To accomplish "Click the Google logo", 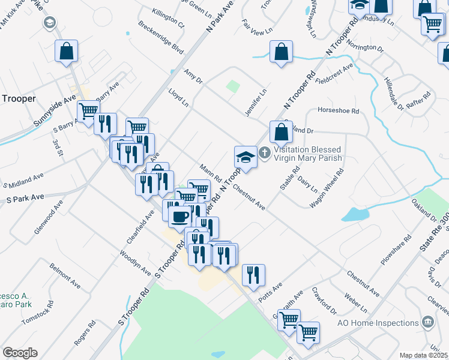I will click(x=20, y=353).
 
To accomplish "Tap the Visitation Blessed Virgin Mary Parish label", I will click(x=307, y=154).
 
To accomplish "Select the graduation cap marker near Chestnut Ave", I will click(x=246, y=157).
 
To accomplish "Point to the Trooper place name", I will click(x=19, y=98).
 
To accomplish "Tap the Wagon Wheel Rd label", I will click(x=334, y=188).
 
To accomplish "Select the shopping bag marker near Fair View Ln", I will click(x=281, y=52).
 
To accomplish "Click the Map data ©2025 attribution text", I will click(x=424, y=355).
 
